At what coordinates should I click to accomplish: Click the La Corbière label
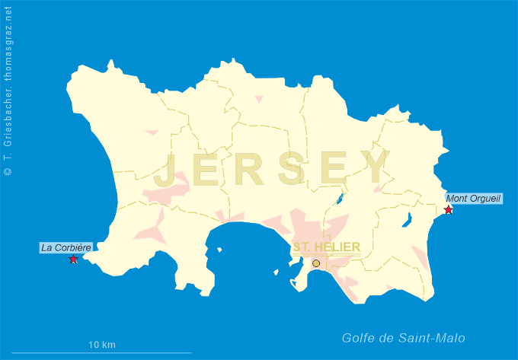click(66, 247)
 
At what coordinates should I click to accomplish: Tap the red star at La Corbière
click(73, 260)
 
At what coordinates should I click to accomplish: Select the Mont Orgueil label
click(474, 199)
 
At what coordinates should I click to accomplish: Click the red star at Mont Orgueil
click(449, 210)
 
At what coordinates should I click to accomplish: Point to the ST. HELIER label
click(327, 247)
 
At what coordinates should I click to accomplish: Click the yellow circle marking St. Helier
click(316, 263)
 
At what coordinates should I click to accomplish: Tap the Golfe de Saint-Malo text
click(403, 339)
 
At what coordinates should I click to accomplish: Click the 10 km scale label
click(102, 345)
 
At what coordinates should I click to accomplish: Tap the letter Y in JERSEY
click(376, 168)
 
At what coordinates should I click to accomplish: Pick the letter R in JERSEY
click(250, 169)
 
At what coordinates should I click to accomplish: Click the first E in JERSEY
click(208, 169)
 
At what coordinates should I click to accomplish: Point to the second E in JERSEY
click(334, 169)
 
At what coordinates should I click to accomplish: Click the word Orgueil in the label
click(484, 199)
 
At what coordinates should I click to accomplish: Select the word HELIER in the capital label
click(340, 247)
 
